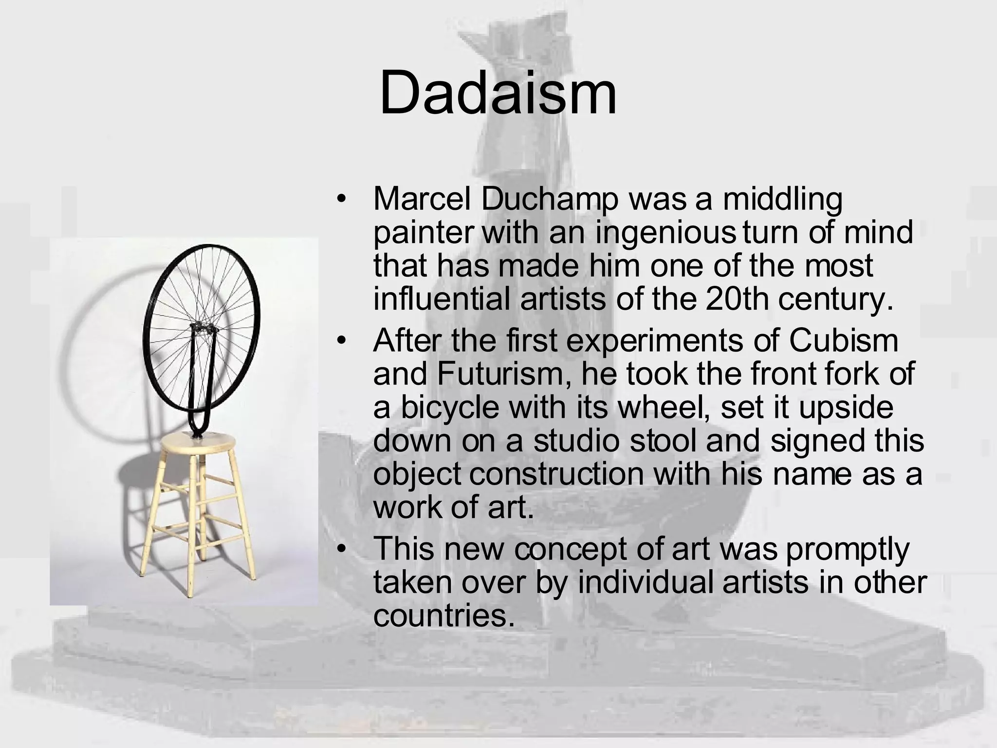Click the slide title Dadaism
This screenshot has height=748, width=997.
coord(498,93)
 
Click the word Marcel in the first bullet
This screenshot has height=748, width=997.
coord(422,199)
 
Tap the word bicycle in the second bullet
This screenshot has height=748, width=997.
coord(450,407)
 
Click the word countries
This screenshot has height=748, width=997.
coord(443,615)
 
